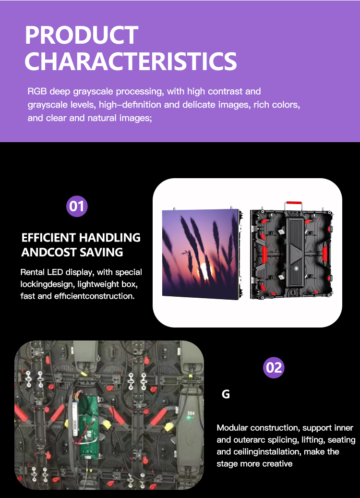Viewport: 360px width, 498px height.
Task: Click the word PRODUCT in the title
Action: pos(82,36)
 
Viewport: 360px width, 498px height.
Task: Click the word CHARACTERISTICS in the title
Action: pos(131,61)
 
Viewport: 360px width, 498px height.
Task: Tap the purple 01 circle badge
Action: pos(77,206)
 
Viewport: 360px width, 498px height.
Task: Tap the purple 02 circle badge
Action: pos(274,368)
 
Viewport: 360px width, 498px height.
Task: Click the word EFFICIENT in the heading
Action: pos(48,238)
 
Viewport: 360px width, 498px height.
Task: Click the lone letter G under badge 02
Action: pos(226,395)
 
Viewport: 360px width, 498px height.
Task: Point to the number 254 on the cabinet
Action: pos(191,413)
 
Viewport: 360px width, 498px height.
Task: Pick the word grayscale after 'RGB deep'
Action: pos(89,91)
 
